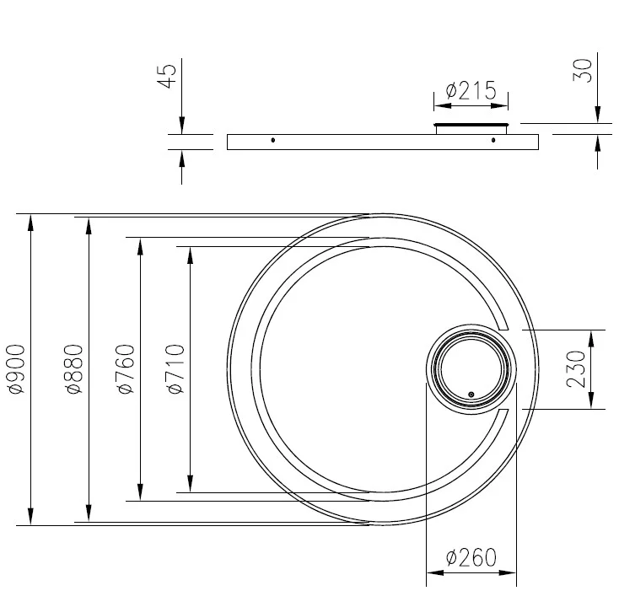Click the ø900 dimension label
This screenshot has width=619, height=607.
tap(16, 369)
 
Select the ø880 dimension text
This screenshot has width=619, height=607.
tap(74, 369)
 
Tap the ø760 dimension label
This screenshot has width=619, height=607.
tap(126, 369)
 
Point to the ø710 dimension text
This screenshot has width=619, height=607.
tap(176, 369)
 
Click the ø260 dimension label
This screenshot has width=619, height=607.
tap(471, 557)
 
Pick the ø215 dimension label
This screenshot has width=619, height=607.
tap(471, 90)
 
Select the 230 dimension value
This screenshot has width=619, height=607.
tap(576, 369)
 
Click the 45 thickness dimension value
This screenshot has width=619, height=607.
tap(166, 76)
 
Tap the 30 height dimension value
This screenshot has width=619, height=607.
tap(583, 71)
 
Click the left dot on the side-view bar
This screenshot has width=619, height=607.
tap(272, 140)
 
